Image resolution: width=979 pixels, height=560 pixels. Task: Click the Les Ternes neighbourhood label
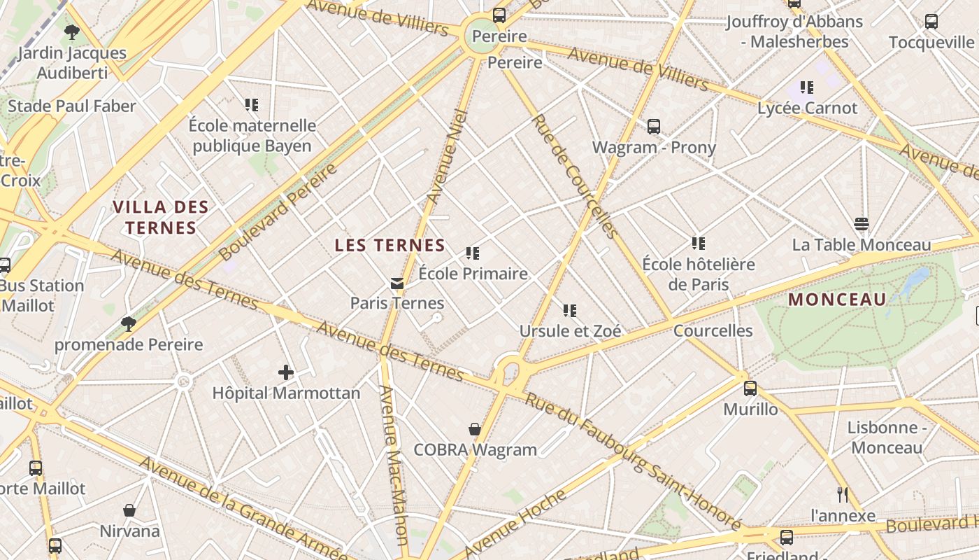click(x=390, y=245)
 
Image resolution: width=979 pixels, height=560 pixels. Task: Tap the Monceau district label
click(x=837, y=300)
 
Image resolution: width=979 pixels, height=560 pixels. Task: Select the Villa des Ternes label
click(x=161, y=217)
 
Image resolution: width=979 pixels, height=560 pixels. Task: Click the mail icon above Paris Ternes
click(x=397, y=283)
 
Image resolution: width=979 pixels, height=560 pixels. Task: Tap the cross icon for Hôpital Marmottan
click(x=285, y=372)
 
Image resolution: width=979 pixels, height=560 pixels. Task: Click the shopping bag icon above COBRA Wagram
click(x=475, y=429)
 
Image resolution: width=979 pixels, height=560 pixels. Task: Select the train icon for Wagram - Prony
click(x=654, y=127)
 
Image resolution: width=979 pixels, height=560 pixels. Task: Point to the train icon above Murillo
click(x=750, y=388)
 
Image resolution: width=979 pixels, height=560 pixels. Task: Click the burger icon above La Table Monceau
click(x=862, y=224)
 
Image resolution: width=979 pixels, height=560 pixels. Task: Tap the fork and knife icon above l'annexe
click(x=843, y=495)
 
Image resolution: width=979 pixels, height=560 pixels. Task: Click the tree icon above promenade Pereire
click(x=128, y=323)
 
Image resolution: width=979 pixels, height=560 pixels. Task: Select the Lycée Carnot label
click(x=807, y=108)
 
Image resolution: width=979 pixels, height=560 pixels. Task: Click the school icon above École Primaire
click(x=473, y=253)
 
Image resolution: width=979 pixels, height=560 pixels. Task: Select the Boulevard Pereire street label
click(x=278, y=211)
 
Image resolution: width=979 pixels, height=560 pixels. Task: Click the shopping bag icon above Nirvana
click(x=129, y=510)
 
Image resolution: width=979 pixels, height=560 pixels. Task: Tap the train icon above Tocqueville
click(x=931, y=22)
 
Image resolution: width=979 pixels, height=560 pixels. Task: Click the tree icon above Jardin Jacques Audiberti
click(x=71, y=31)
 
